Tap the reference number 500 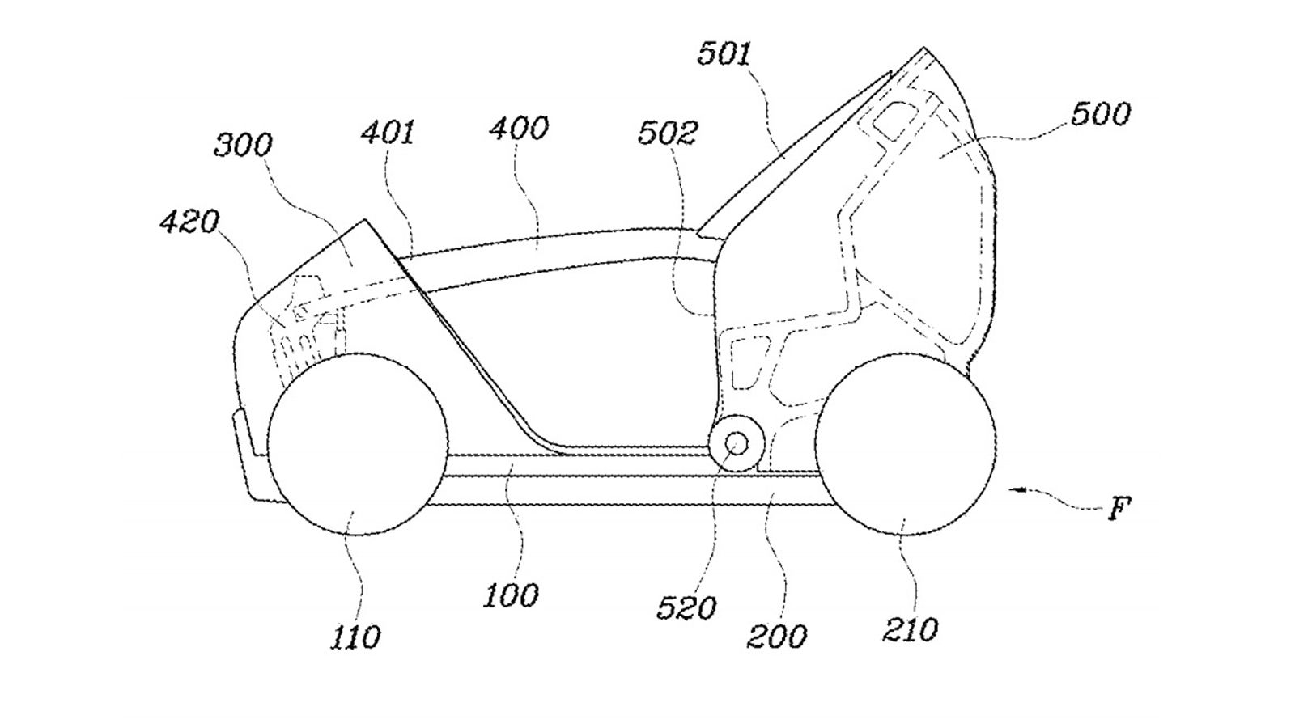(x=1100, y=114)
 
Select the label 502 (x=668, y=133)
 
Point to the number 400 (x=519, y=128)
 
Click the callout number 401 (x=388, y=133)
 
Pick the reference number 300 (x=243, y=145)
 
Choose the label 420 (x=189, y=222)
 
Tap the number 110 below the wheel (x=355, y=637)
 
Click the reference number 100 (x=511, y=595)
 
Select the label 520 (x=686, y=608)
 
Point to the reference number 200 (x=776, y=637)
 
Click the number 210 (x=910, y=630)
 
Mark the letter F (x=1119, y=509)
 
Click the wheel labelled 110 (x=357, y=445)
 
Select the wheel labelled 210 (x=906, y=444)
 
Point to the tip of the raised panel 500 (x=923, y=48)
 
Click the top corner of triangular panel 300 (x=363, y=219)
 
